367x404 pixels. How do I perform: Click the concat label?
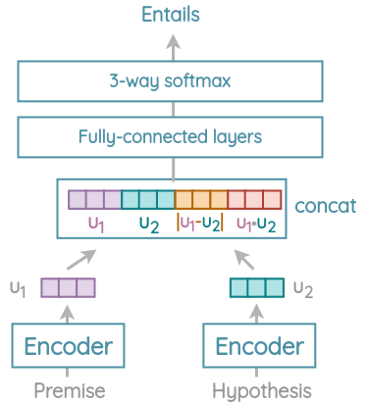coord(325,206)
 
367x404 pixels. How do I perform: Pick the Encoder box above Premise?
coord(68,346)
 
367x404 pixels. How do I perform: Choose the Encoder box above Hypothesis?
coord(260,346)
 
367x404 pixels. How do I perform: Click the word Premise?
coord(69,390)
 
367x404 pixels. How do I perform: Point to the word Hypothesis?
coord(260,390)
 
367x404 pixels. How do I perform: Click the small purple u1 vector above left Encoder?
coord(68,288)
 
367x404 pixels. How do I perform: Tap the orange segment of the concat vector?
coord(201,200)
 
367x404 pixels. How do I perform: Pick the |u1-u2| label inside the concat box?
coord(200,224)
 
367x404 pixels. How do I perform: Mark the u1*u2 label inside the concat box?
coord(256,224)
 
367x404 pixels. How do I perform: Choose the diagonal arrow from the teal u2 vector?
coord(244,259)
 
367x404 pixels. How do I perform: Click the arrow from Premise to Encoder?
coord(68,314)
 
